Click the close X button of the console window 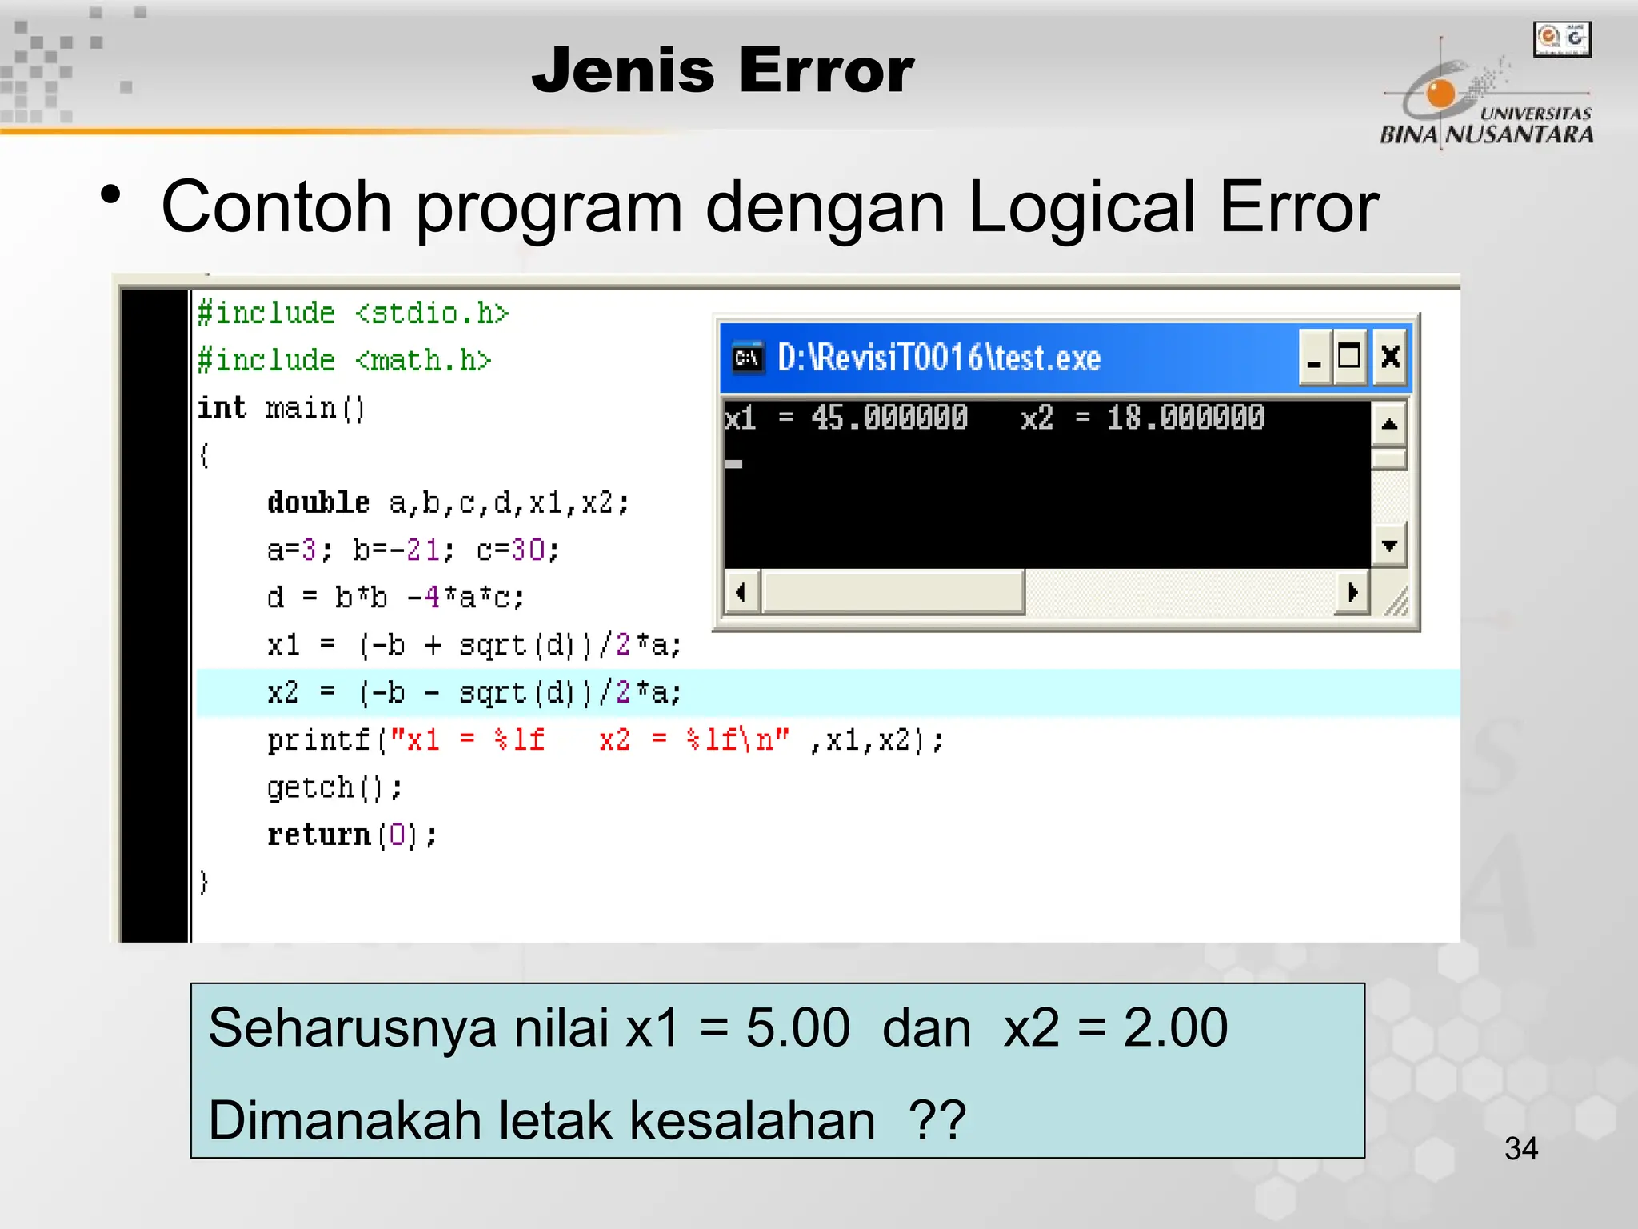click(1390, 357)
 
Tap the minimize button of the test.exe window click(1314, 357)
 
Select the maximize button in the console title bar click(1350, 357)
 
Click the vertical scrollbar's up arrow click(1389, 424)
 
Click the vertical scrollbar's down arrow click(1389, 546)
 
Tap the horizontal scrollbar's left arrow click(741, 593)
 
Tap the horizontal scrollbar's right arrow click(1352, 593)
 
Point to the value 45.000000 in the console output click(889, 418)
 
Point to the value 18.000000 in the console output click(1185, 418)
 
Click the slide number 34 click(1520, 1149)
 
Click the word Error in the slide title click(827, 70)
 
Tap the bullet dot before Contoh click(111, 195)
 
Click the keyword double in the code click(318, 502)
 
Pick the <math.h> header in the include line click(423, 361)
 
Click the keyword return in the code click(318, 835)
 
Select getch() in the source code click(334, 788)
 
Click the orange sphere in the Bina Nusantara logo click(1440, 94)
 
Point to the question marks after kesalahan click(937, 1119)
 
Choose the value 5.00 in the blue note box click(797, 1027)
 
